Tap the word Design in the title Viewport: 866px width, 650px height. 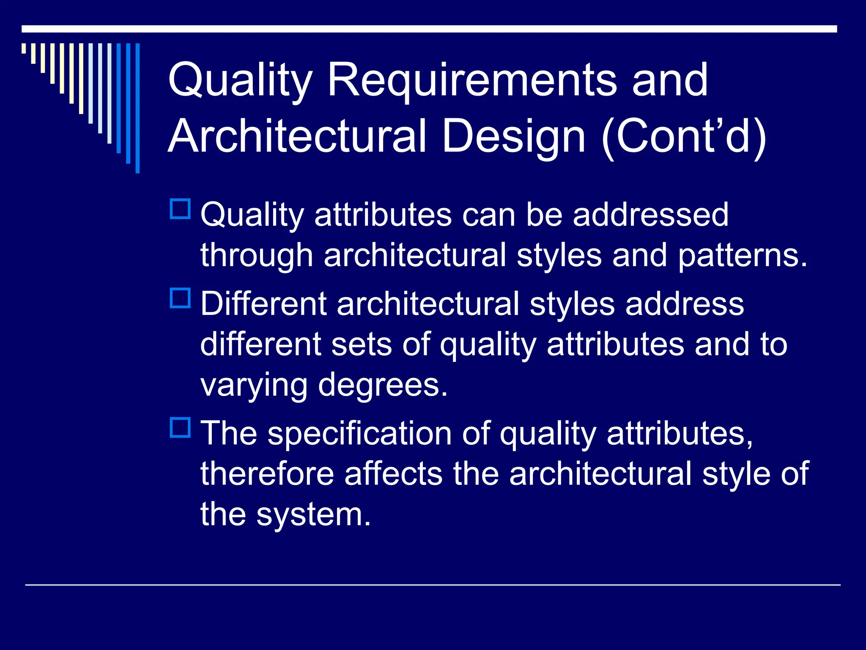[514, 136]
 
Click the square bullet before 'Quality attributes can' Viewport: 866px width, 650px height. [180, 209]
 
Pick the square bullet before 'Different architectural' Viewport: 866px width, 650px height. [180, 298]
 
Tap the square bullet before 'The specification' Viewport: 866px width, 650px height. [180, 427]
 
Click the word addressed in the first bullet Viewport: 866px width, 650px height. [651, 215]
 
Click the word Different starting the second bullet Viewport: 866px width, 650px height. [263, 304]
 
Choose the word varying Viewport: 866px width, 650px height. [254, 386]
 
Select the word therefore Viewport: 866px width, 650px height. [267, 474]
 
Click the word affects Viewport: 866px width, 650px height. [393, 474]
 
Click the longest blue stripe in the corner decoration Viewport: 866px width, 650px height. [137, 108]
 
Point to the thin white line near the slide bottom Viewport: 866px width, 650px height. [433, 585]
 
